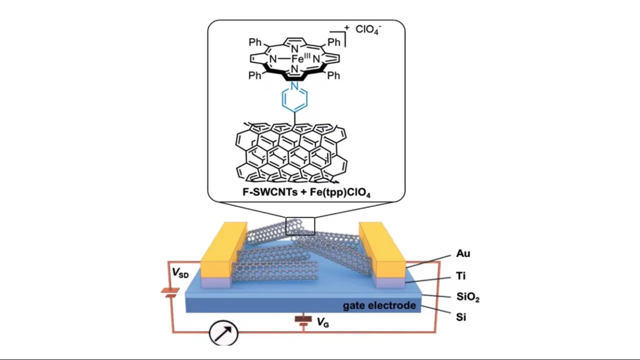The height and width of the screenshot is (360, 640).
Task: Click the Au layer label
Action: [x=463, y=253]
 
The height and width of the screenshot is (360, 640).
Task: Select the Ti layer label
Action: [x=461, y=275]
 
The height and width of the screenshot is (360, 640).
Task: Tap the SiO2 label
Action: [x=468, y=297]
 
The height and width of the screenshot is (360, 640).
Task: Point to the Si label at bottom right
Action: [x=461, y=317]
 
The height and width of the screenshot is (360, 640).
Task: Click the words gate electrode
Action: [x=379, y=305]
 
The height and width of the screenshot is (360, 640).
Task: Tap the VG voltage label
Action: [x=323, y=323]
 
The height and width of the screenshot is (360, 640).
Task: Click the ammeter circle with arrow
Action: [x=223, y=332]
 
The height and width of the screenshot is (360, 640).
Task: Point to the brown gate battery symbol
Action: [x=301, y=320]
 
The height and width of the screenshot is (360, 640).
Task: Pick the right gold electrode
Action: [x=383, y=250]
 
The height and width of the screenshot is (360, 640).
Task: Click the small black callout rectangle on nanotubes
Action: [x=300, y=226]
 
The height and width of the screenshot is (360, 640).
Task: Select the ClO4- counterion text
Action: [x=368, y=29]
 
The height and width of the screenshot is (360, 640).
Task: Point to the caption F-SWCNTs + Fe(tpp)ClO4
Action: [x=306, y=191]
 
